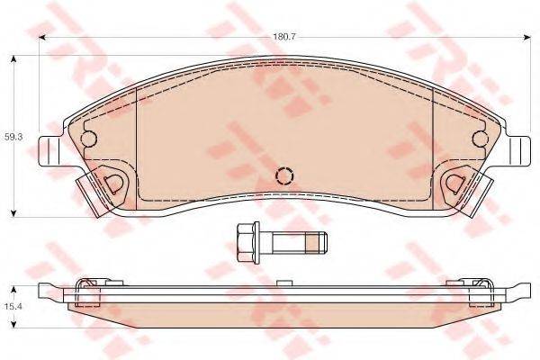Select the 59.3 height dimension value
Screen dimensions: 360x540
[12, 136]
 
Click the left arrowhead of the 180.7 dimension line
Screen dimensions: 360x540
[43, 36]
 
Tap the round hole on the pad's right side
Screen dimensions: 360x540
[479, 139]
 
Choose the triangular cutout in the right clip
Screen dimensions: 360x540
[456, 183]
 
